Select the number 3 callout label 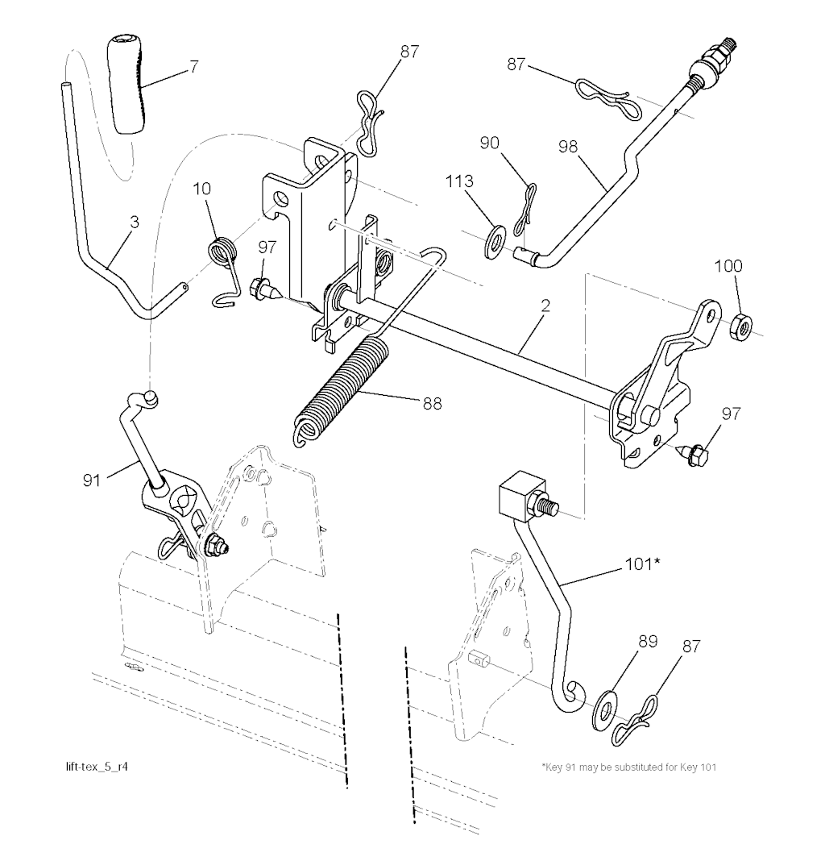point(134,222)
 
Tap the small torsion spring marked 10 point(221,252)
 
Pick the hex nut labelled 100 point(740,326)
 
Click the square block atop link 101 point(516,497)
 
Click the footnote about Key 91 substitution point(628,767)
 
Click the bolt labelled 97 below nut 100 point(695,454)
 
